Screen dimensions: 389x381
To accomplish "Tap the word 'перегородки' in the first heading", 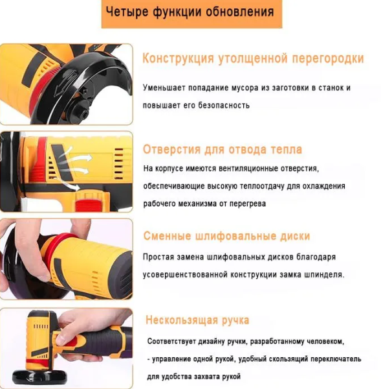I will (x=327, y=59).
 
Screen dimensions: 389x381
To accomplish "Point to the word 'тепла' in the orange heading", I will (x=284, y=150).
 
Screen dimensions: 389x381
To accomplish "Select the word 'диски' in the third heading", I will (x=292, y=236).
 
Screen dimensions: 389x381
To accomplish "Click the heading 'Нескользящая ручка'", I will (x=197, y=320).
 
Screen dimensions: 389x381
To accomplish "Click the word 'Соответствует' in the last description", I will (x=173, y=341).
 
